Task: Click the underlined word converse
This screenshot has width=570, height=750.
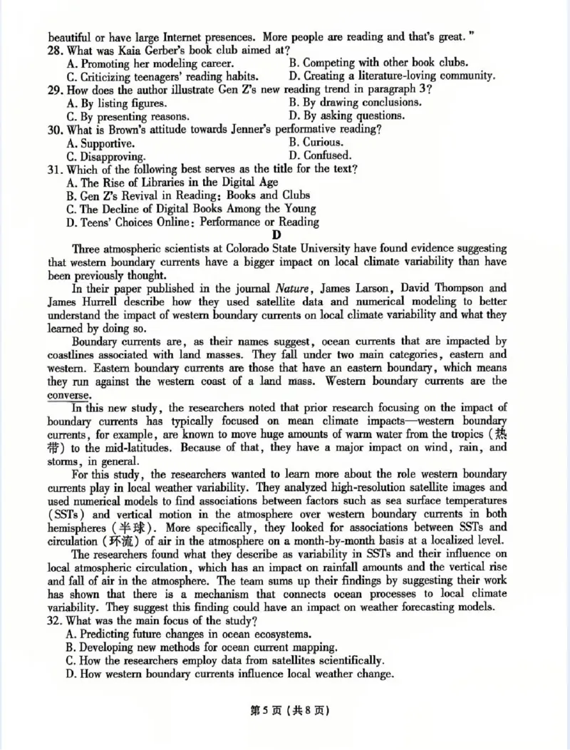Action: tap(69, 395)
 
